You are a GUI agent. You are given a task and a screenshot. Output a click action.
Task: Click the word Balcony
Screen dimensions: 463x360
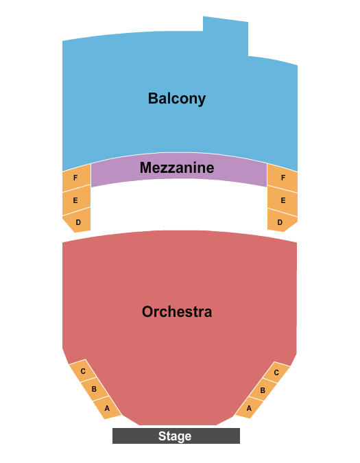pyautogui.click(x=176, y=98)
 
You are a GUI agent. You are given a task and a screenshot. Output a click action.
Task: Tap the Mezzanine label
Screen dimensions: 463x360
pyautogui.click(x=177, y=167)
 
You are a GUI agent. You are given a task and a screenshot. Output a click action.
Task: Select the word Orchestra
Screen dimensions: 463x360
pyautogui.click(x=177, y=311)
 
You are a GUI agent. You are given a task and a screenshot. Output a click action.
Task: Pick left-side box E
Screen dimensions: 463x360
pyautogui.click(x=75, y=201)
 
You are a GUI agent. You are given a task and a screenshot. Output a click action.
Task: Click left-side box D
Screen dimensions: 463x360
pyautogui.click(x=77, y=222)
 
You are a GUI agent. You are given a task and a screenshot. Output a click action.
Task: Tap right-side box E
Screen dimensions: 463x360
pyautogui.click(x=283, y=201)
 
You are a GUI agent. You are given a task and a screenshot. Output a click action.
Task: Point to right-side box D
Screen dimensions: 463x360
pyautogui.click(x=280, y=222)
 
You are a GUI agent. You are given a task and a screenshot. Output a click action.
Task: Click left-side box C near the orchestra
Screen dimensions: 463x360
pyautogui.click(x=83, y=372)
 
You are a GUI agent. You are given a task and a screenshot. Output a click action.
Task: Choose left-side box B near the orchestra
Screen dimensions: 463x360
pyautogui.click(x=95, y=390)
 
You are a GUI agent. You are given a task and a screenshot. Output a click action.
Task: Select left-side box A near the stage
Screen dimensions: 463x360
pyautogui.click(x=107, y=407)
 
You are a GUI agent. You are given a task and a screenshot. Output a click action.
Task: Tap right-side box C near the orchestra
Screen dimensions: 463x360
pyautogui.click(x=276, y=373)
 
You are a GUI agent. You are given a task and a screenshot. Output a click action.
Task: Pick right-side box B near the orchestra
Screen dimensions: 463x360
pyautogui.click(x=263, y=390)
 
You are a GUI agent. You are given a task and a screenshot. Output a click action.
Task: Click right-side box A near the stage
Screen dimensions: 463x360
pyautogui.click(x=249, y=407)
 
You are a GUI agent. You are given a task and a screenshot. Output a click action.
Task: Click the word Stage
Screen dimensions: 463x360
pyautogui.click(x=175, y=436)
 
